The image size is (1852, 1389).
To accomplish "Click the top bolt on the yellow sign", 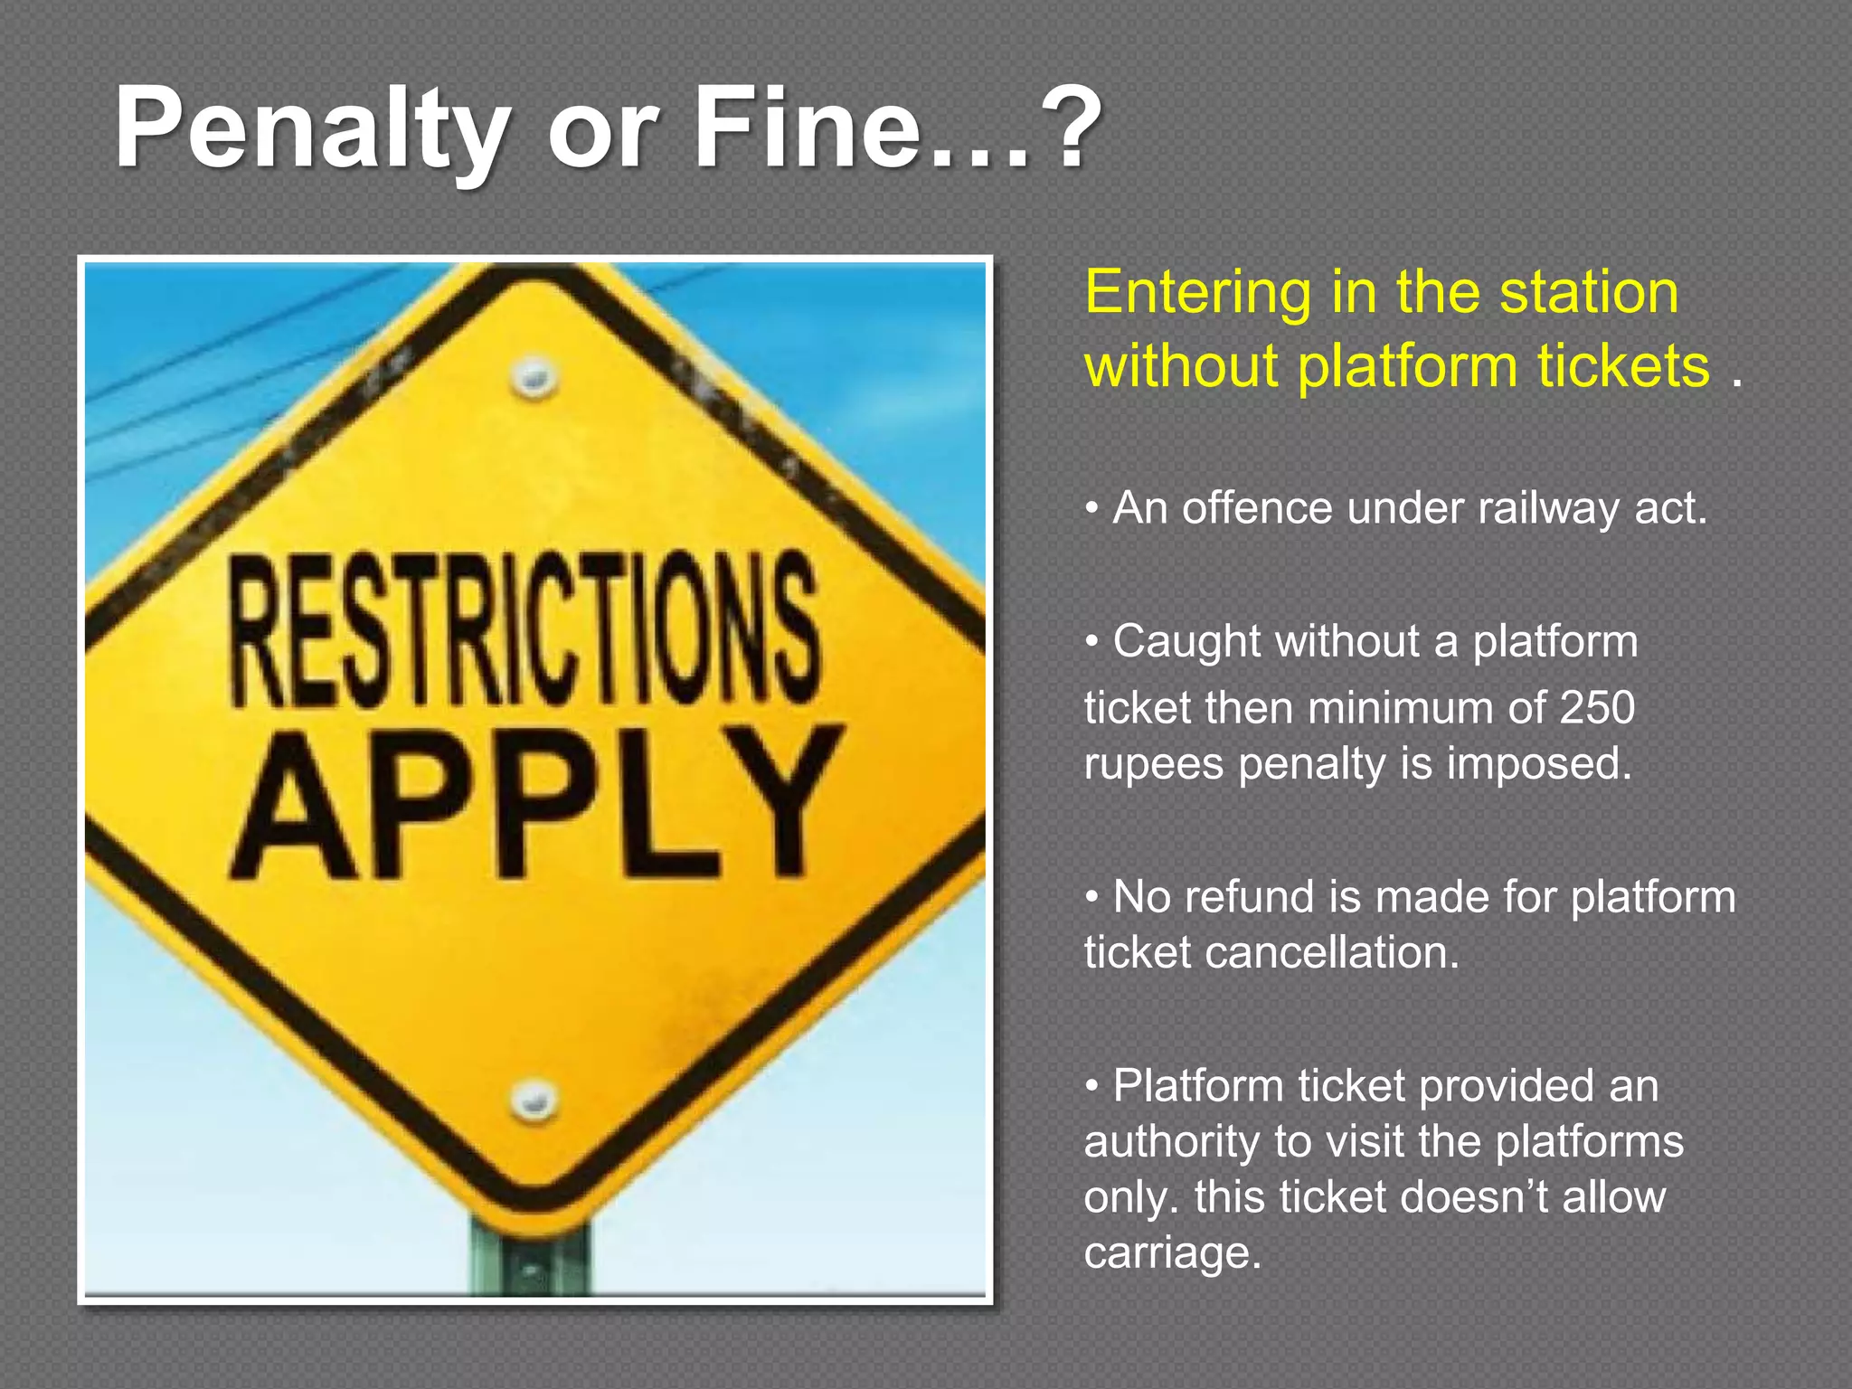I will click(x=534, y=376).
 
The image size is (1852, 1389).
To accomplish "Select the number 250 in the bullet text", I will click(x=1597, y=707).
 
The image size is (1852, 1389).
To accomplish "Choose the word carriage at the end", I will click(x=1172, y=1253).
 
